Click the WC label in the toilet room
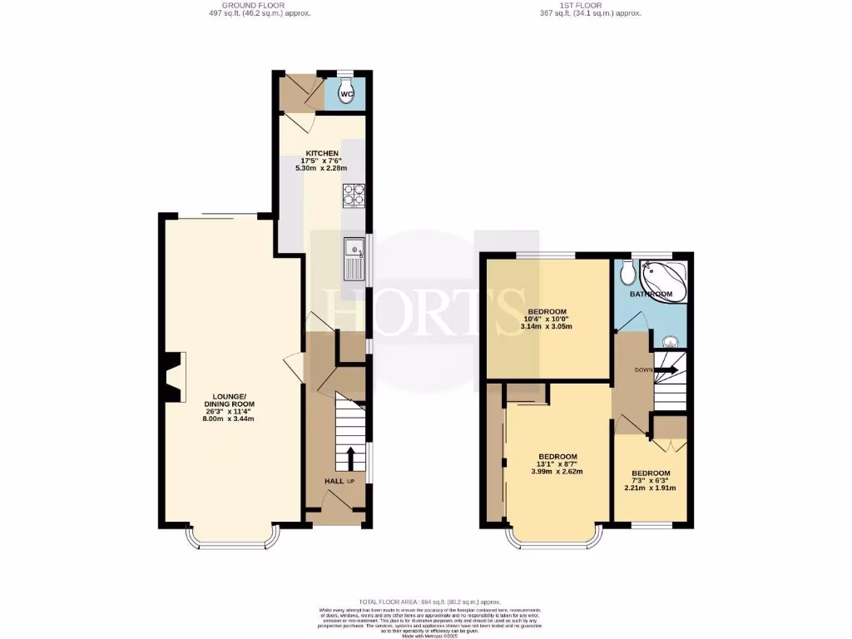click(348, 94)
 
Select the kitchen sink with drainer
click(353, 258)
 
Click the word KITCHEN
click(321, 154)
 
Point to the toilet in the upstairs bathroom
click(627, 272)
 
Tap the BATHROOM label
click(650, 295)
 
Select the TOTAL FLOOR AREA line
click(429, 601)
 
